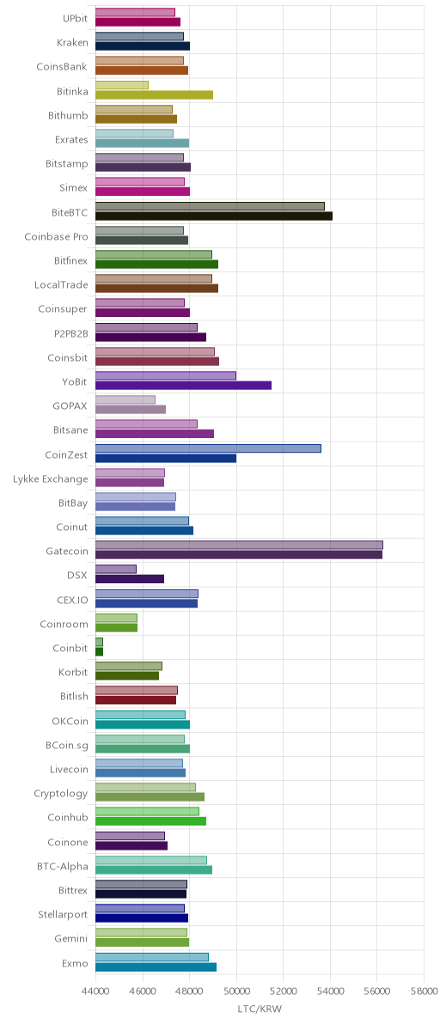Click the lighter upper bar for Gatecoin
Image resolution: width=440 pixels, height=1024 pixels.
tap(239, 545)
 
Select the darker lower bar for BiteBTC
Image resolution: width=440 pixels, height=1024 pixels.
tap(214, 216)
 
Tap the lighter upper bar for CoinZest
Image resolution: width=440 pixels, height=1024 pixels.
tap(208, 448)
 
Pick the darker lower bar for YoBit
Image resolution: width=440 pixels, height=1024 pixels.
tap(183, 386)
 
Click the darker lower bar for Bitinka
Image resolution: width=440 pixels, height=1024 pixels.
tap(154, 94)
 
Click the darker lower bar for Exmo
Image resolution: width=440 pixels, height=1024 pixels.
tap(156, 966)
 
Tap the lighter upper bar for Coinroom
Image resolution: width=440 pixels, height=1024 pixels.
tap(116, 617)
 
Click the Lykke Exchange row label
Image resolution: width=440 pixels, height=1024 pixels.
tap(50, 478)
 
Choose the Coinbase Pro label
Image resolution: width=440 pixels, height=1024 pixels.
tap(56, 236)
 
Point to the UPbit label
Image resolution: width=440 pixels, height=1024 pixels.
tap(75, 18)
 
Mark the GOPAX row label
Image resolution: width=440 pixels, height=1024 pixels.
tap(70, 405)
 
